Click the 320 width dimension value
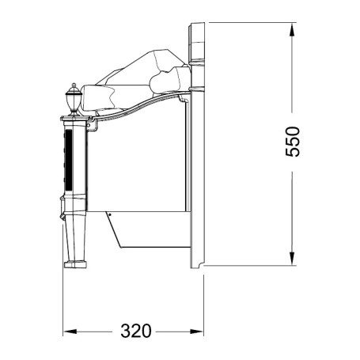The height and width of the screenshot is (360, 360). click(x=136, y=331)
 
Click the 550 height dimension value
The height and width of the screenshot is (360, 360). click(x=293, y=142)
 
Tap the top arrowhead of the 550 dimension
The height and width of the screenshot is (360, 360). click(x=292, y=29)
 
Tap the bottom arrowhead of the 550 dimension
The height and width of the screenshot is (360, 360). click(x=292, y=258)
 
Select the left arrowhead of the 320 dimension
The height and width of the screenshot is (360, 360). click(x=70, y=332)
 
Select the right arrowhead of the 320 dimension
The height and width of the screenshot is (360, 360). click(x=197, y=332)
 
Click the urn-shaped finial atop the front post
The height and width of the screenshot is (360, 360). click(x=74, y=100)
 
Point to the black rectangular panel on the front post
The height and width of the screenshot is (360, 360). click(x=69, y=160)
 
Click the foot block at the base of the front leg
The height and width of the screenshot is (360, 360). click(x=75, y=264)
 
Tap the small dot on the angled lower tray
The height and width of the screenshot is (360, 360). click(x=110, y=214)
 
